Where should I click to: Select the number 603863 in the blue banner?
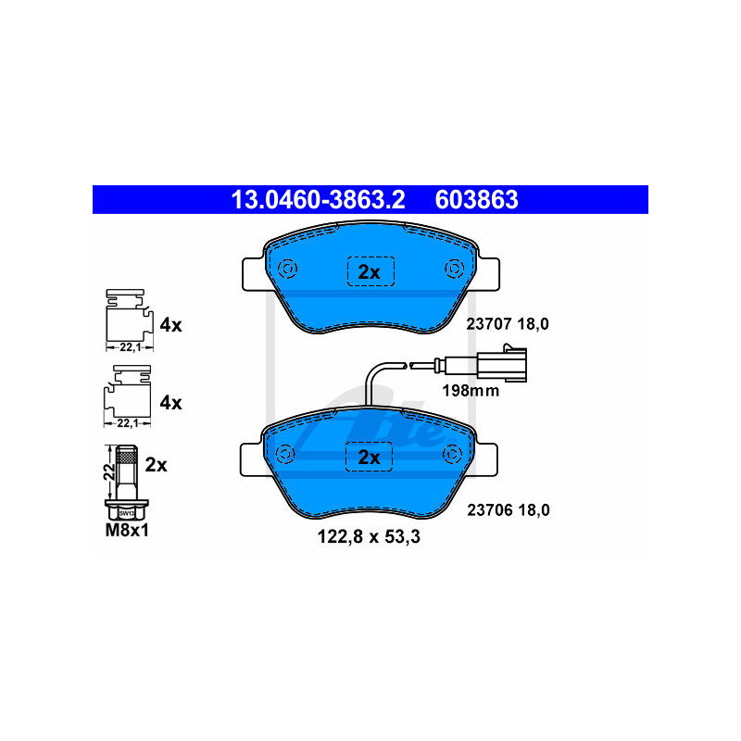pos(476,199)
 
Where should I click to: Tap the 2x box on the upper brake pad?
pos(370,271)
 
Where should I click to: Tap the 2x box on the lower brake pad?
pos(370,457)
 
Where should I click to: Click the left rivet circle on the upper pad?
pos(285,269)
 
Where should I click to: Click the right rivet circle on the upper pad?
pos(454,269)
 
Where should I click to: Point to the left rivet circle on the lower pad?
pos(285,454)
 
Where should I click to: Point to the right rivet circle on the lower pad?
pos(454,454)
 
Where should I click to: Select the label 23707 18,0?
pos(506,324)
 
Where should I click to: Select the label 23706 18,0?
pos(506,509)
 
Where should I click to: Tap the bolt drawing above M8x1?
pos(127,482)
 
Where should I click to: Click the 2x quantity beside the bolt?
pos(157,465)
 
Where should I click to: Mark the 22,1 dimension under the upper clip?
pos(127,346)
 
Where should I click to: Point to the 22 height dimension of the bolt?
pos(108,471)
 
